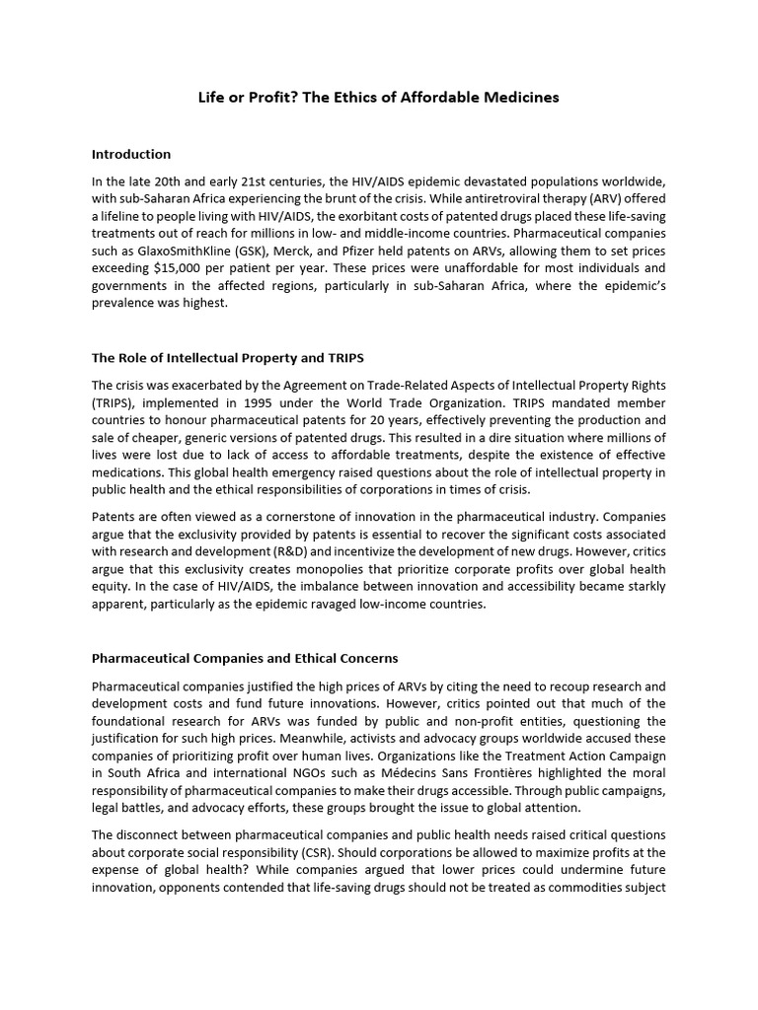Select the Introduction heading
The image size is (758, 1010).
tap(131, 154)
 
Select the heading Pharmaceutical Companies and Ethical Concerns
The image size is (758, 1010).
tap(245, 658)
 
